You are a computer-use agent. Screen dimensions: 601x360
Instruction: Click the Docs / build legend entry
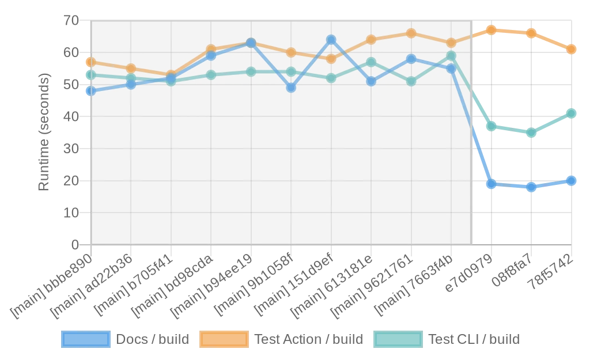[126, 339]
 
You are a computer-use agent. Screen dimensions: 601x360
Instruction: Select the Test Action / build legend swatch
[224, 339]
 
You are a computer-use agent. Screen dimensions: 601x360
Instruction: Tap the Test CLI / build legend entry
[447, 339]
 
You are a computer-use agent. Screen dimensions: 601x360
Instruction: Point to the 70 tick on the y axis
[71, 20]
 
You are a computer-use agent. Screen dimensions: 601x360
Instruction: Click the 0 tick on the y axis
[75, 244]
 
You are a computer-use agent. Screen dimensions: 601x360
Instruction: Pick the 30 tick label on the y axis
[71, 148]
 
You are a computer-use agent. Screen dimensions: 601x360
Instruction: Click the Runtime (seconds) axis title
[44, 132]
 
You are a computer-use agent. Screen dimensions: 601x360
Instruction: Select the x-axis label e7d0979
[469, 272]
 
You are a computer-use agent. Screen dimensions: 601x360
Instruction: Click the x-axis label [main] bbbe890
[51, 286]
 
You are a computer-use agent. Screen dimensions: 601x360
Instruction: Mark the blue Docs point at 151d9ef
[331, 40]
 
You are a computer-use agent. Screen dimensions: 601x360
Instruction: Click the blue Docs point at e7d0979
[492, 184]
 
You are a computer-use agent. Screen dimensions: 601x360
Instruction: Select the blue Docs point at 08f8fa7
[531, 187]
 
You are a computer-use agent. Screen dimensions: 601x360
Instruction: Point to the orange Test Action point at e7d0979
[492, 30]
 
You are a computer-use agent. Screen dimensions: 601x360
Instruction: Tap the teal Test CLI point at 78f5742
[571, 113]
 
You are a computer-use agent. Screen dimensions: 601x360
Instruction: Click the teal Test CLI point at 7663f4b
[451, 56]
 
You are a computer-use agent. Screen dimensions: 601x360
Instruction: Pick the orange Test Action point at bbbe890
[91, 62]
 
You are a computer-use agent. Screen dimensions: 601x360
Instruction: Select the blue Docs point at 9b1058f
[291, 88]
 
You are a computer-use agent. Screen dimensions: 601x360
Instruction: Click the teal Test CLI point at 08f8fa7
[531, 132]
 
